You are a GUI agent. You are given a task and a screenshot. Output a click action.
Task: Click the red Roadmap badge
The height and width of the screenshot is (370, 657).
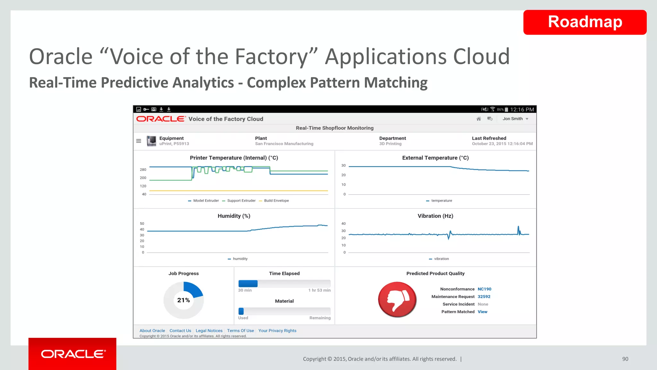pyautogui.click(x=584, y=22)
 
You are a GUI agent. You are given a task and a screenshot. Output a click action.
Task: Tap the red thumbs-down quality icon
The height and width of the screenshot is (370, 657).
pyautogui.click(x=397, y=299)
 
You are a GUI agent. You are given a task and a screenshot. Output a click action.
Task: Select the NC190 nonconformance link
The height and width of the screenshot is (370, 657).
pyautogui.click(x=484, y=289)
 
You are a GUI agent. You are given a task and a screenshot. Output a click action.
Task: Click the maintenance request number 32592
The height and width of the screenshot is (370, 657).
pyautogui.click(x=484, y=297)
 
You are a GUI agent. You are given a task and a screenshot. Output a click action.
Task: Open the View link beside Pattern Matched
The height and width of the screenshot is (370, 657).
pyautogui.click(x=482, y=312)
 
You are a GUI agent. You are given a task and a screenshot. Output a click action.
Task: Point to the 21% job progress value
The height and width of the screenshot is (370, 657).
pyautogui.click(x=183, y=300)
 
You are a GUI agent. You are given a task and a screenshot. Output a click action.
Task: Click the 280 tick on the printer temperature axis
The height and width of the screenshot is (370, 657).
pyautogui.click(x=143, y=170)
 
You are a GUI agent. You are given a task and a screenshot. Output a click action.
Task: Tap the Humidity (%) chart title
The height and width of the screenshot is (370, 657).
pyautogui.click(x=234, y=216)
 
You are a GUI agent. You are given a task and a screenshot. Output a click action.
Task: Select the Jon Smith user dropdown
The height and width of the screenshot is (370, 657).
pyautogui.click(x=515, y=119)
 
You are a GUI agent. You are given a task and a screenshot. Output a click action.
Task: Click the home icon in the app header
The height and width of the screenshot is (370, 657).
pyautogui.click(x=479, y=119)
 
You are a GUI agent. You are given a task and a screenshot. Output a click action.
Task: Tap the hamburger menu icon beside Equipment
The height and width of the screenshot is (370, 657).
pyautogui.click(x=139, y=141)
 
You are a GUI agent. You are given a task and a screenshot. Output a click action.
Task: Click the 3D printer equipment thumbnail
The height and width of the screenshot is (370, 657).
pyautogui.click(x=151, y=141)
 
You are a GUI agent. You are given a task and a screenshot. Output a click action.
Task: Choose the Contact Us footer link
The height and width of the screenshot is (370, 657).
pyautogui.click(x=180, y=331)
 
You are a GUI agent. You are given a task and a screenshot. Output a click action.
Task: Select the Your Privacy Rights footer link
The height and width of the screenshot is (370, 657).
pyautogui.click(x=277, y=331)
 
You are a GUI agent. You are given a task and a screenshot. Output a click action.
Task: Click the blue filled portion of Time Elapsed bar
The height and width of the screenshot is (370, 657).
pyautogui.click(x=248, y=284)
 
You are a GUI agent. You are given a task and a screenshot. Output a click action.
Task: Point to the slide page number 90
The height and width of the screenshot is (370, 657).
pyautogui.click(x=625, y=359)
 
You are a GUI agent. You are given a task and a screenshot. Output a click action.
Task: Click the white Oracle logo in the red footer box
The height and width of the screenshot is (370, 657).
pyautogui.click(x=73, y=354)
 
